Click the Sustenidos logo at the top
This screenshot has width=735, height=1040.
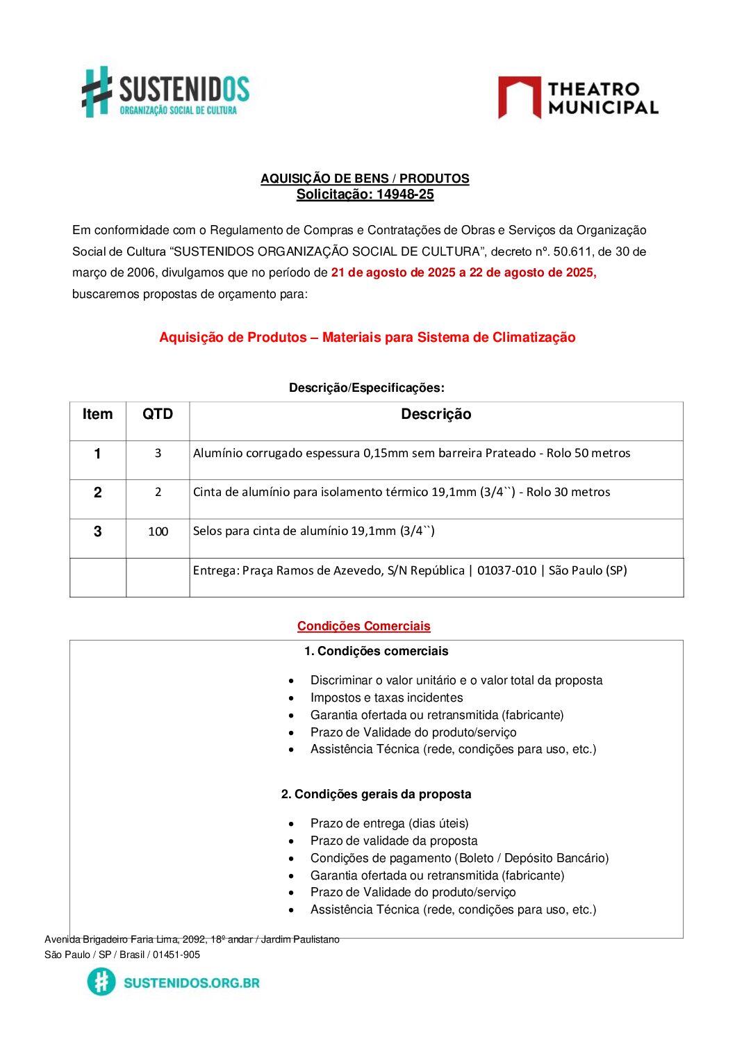(x=165, y=92)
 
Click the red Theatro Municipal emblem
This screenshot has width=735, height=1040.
(x=519, y=97)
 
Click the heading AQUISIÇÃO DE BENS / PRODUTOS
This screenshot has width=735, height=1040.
(x=365, y=179)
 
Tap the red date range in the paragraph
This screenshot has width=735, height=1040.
(x=463, y=272)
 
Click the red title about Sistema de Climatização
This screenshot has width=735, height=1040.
(x=367, y=338)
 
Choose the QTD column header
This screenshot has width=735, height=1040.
(x=158, y=415)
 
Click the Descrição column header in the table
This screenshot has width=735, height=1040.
(x=436, y=415)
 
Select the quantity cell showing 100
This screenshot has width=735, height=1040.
(x=158, y=531)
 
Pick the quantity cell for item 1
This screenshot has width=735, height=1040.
(x=158, y=453)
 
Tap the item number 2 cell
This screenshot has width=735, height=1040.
(x=97, y=493)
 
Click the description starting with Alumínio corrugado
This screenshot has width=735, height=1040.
(x=411, y=453)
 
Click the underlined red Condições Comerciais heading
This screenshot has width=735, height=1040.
(x=363, y=626)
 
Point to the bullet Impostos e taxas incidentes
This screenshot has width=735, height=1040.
(x=386, y=698)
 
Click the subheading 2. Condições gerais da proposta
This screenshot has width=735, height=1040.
(x=376, y=794)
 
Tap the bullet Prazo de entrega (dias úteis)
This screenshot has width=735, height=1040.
(x=389, y=823)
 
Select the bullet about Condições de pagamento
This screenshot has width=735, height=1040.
(x=459, y=858)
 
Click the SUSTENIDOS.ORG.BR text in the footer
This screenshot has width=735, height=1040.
(x=191, y=982)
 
